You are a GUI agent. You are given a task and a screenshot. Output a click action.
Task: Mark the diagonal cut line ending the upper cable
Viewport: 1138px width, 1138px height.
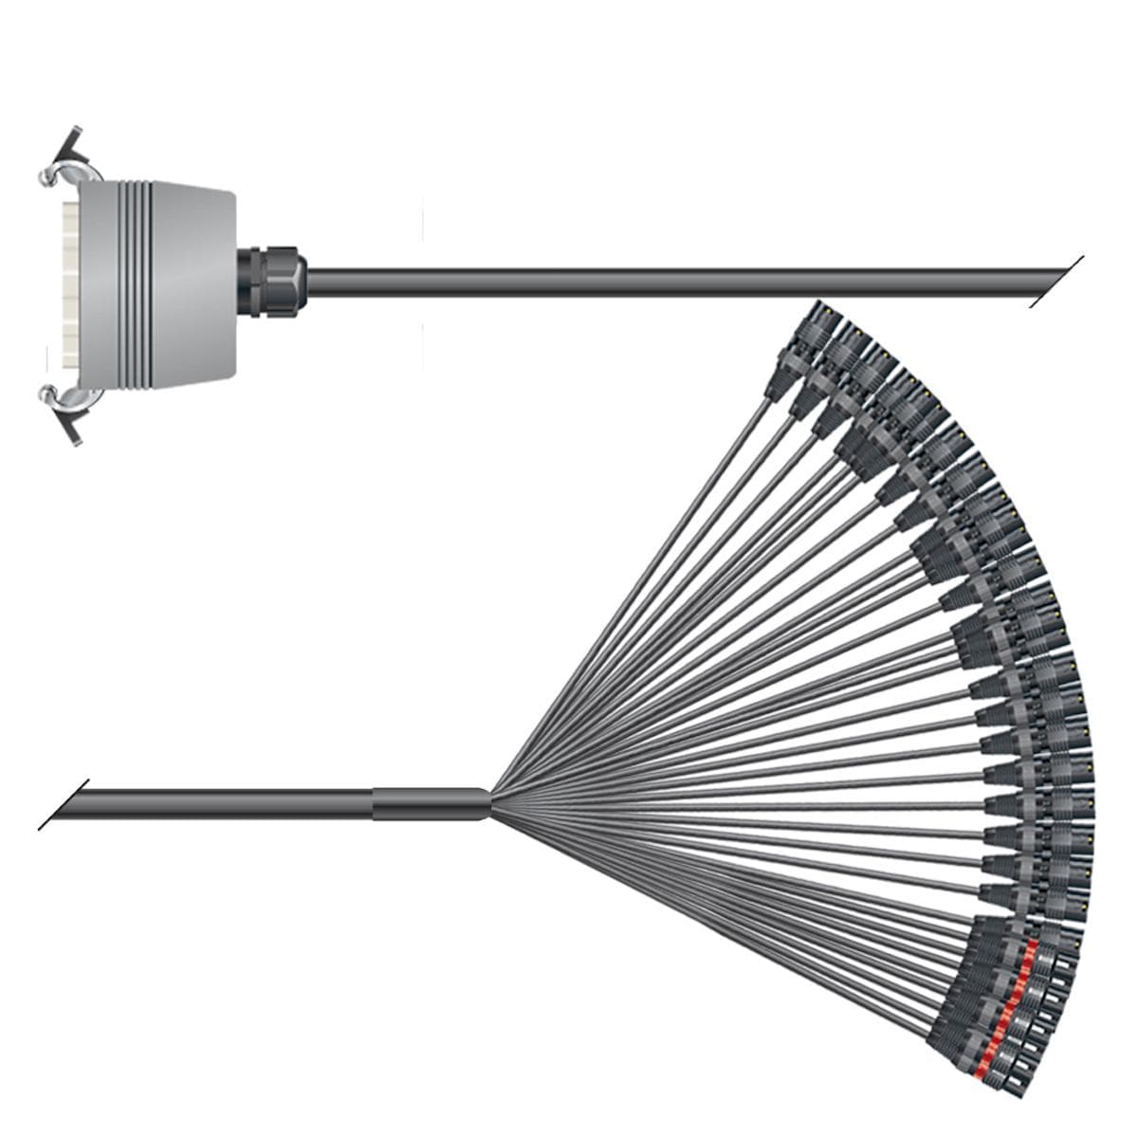point(1057,282)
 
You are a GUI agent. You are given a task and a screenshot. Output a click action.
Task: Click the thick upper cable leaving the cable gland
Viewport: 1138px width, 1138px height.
point(664,282)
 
